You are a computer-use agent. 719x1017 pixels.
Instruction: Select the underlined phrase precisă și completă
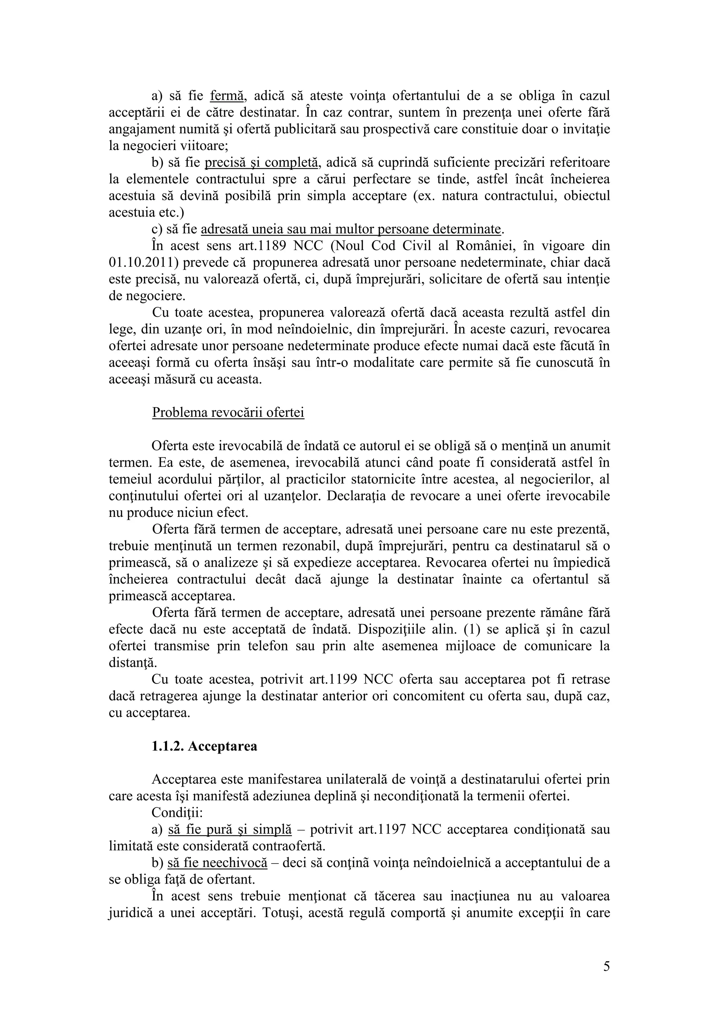point(262,163)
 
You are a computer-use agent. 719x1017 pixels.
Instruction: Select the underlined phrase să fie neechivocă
point(217,863)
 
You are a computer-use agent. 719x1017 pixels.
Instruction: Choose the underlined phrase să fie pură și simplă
point(230,829)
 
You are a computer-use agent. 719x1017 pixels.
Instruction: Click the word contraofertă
point(288,846)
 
